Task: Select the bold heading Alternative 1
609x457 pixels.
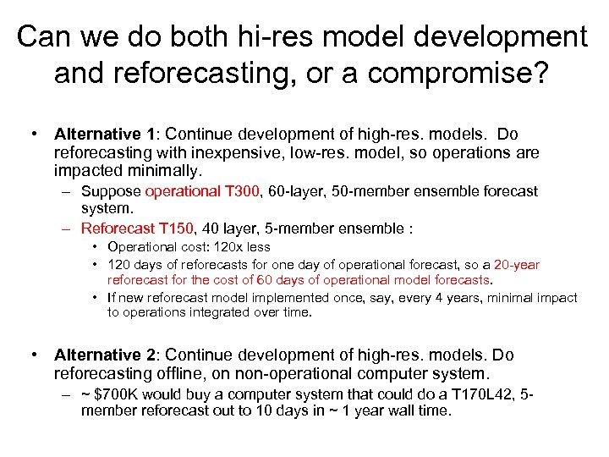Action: tap(105, 135)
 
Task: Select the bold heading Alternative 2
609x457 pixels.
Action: tap(105, 355)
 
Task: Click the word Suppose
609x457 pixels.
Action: tap(112, 191)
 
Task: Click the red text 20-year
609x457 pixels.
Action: tap(517, 264)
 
